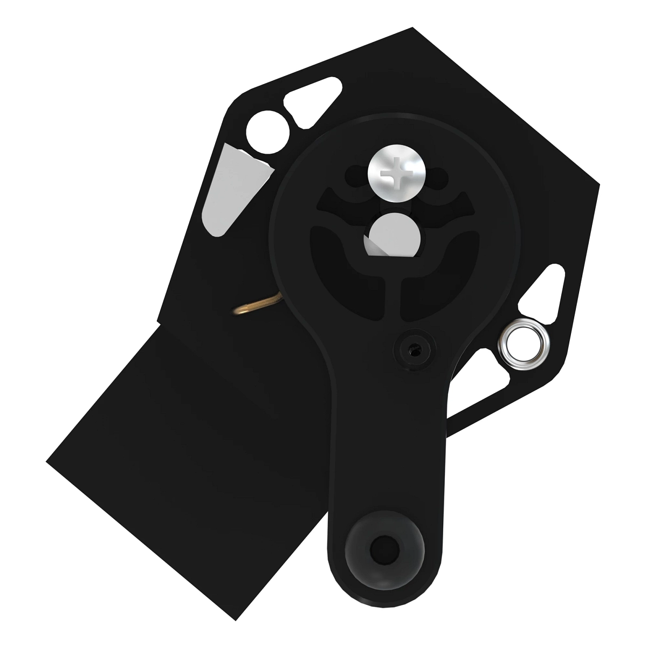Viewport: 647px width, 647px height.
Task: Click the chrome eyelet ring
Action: (522, 341)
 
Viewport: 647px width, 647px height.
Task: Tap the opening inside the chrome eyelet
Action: (522, 342)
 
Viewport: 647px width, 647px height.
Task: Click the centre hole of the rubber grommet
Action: (384, 550)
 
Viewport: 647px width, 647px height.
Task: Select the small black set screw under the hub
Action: (414, 349)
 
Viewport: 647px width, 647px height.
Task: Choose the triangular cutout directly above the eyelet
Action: (542, 291)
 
